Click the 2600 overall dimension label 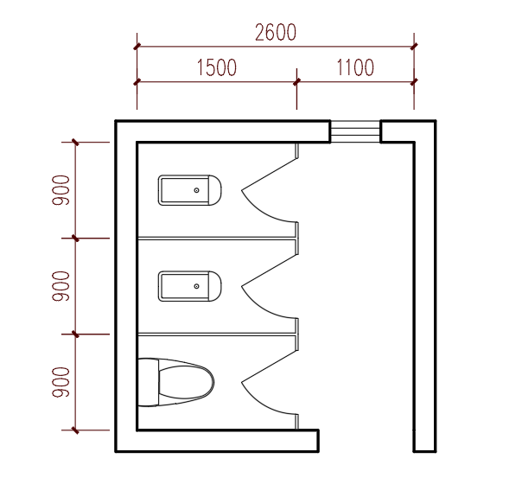click(276, 32)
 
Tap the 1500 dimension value click(217, 67)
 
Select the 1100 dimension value click(355, 67)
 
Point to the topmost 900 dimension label click(60, 190)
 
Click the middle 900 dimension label click(60, 286)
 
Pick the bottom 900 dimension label click(60, 382)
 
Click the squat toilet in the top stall click(190, 190)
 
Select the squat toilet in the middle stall click(190, 286)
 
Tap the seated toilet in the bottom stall click(175, 382)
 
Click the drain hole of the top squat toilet click(196, 190)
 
